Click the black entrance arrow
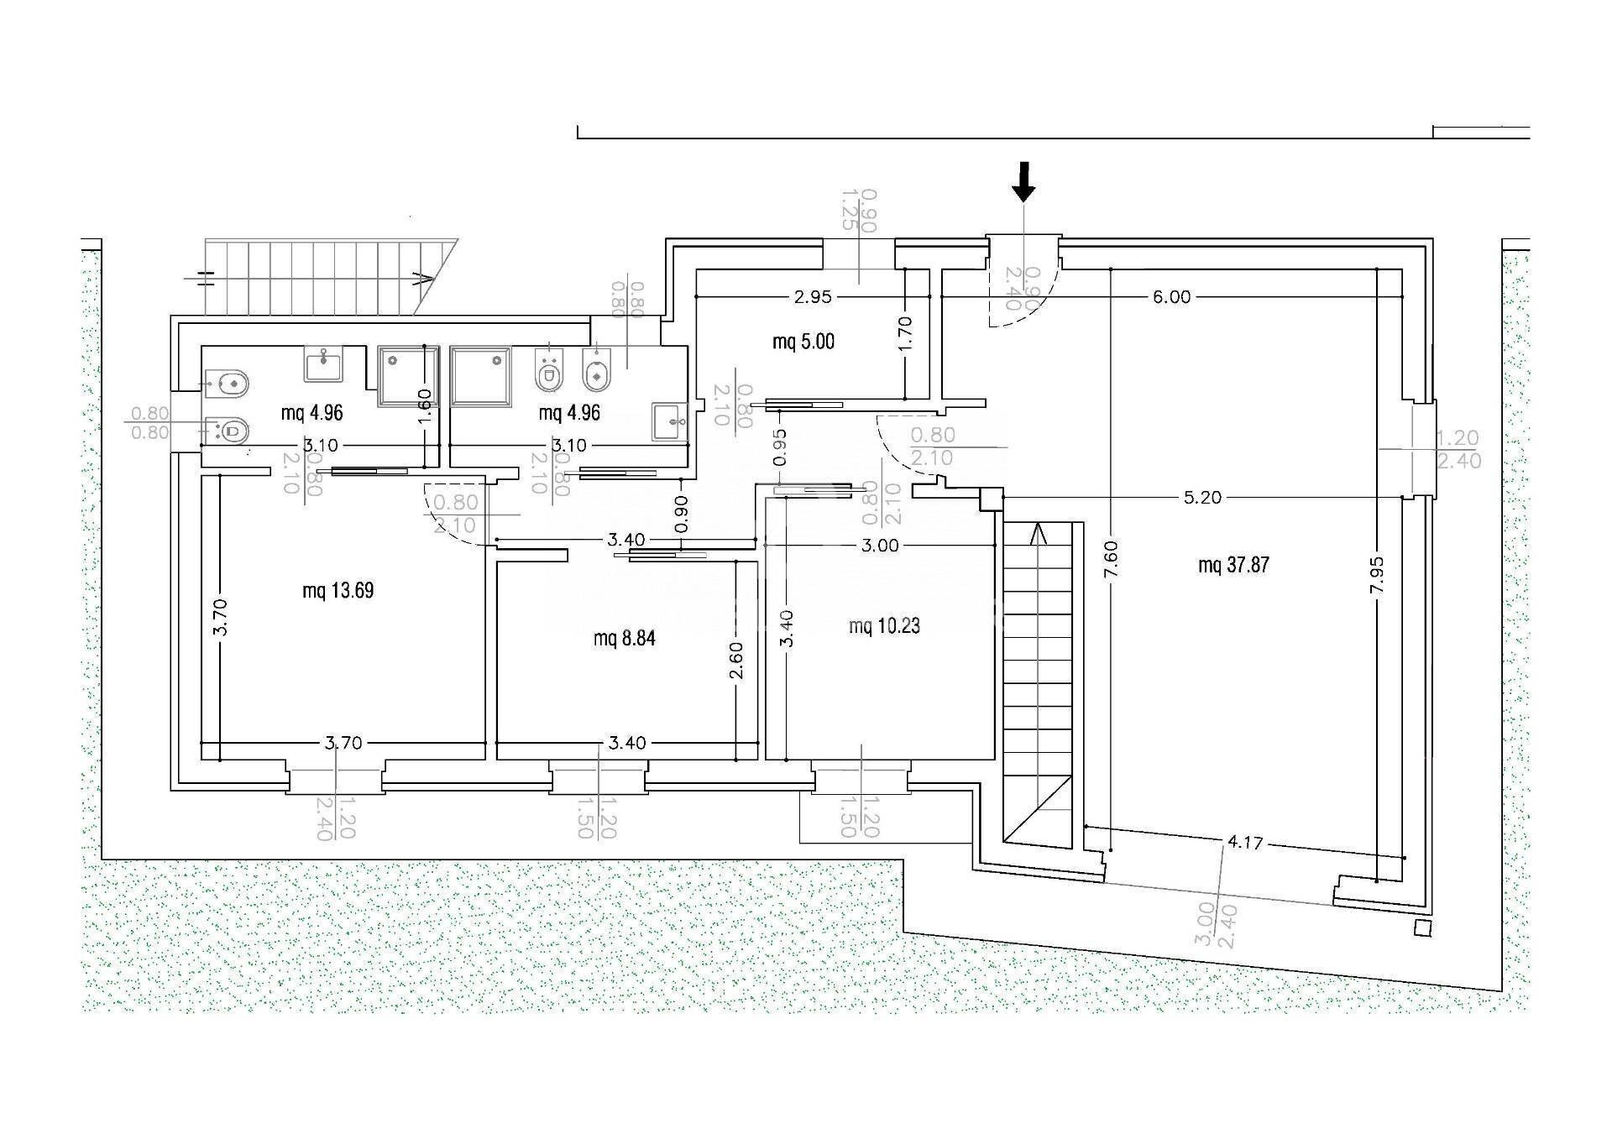tap(1023, 181)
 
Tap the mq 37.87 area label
tap(1233, 565)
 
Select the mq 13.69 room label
tap(338, 591)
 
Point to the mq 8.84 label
tap(624, 639)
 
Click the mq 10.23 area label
tap(884, 625)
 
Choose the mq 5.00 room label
tap(803, 342)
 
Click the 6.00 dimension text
tap(1171, 296)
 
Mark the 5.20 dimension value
tap(1202, 498)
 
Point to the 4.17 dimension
tap(1243, 843)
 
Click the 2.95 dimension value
tap(813, 296)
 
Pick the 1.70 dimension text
tap(905, 333)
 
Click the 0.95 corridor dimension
tap(780, 447)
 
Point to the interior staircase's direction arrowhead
tap(1039, 532)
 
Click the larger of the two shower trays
tap(481, 378)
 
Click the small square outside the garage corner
tap(1421, 927)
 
